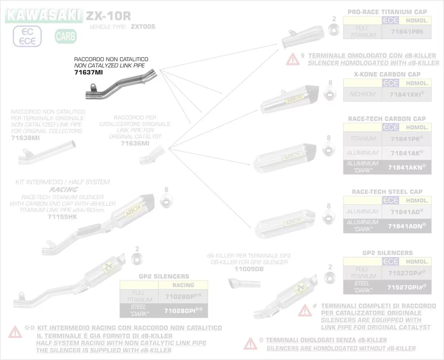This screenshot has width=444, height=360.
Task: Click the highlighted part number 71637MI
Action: point(88,72)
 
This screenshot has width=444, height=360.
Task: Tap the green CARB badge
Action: point(66,36)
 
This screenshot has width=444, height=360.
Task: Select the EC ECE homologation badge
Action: point(28,36)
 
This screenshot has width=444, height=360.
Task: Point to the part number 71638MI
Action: point(25,138)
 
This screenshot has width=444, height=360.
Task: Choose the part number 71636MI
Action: point(135,143)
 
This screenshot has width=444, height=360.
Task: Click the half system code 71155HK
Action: point(62,217)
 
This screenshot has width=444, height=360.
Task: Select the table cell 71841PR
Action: point(406,32)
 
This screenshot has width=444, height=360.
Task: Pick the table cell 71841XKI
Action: point(406,94)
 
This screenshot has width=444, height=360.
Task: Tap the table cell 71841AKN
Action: point(406,167)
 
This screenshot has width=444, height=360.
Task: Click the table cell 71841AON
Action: point(406,226)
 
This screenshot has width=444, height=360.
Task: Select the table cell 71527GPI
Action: point(406,287)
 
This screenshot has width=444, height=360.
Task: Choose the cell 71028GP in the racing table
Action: point(183,296)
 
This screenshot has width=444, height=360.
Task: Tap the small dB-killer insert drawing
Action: point(244,284)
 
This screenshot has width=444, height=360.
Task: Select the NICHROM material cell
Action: point(363,94)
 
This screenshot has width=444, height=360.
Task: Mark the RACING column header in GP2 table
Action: point(183,285)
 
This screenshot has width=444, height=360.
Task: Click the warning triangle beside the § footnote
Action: point(292,59)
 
